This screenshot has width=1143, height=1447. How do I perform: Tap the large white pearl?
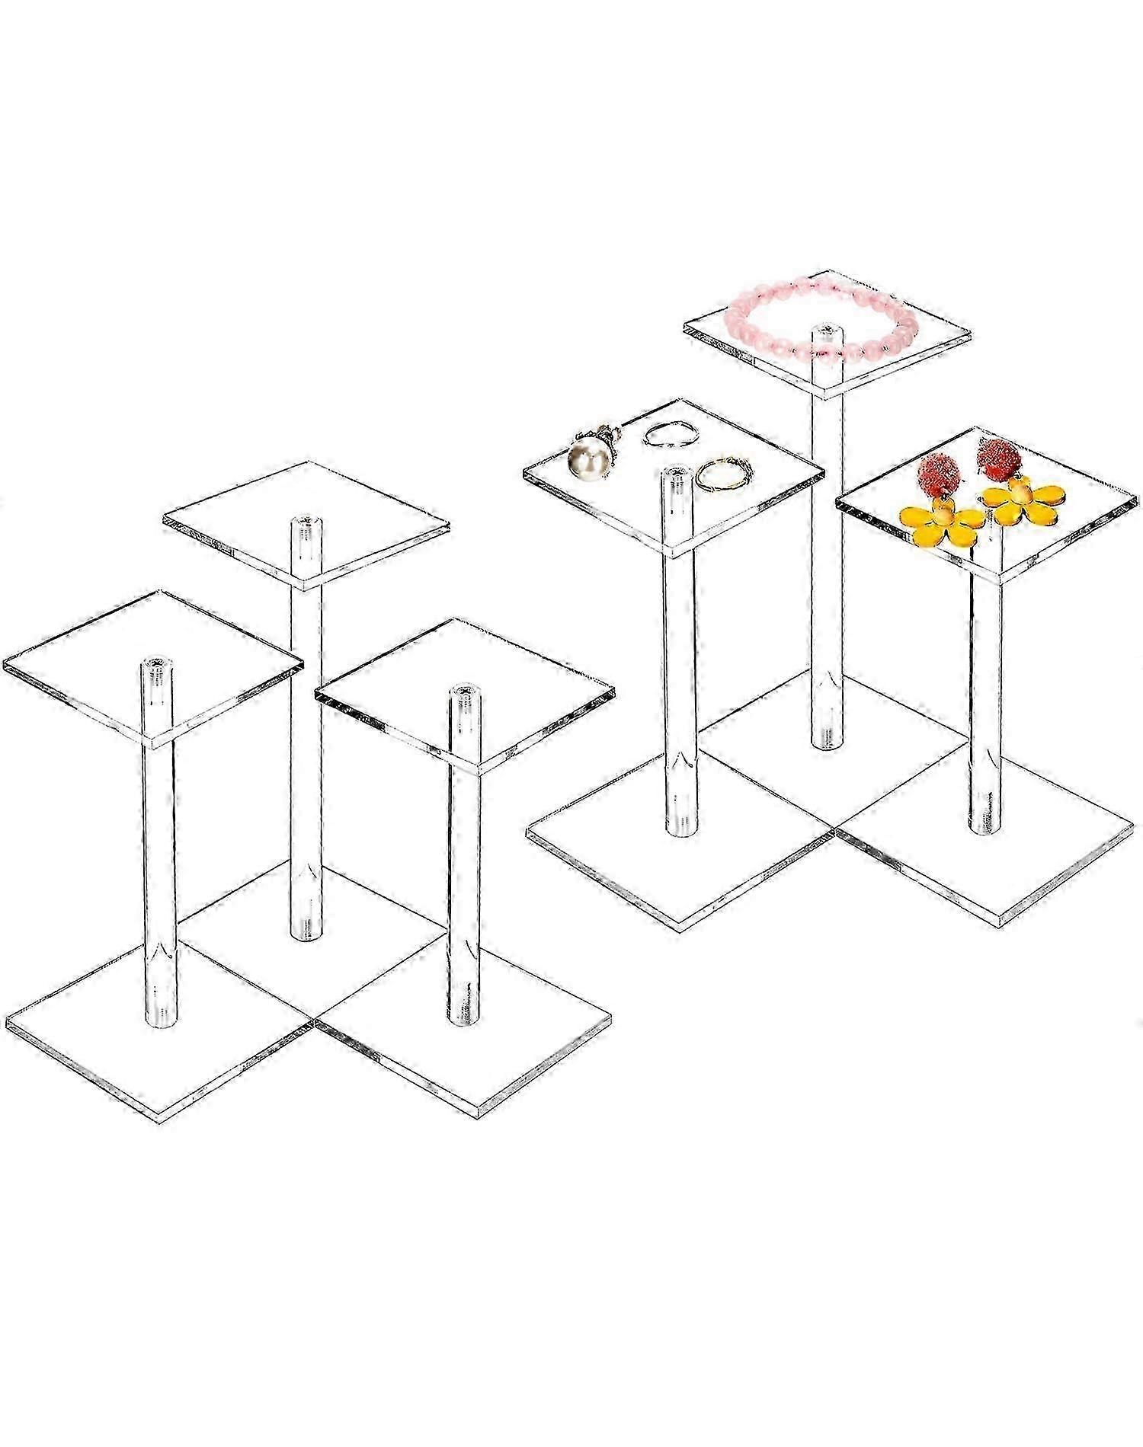click(x=585, y=462)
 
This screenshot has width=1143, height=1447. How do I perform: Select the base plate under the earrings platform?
click(x=991, y=868)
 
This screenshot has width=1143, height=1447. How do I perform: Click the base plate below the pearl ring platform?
click(x=678, y=876)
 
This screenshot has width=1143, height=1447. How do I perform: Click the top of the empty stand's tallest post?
click(x=306, y=525)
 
